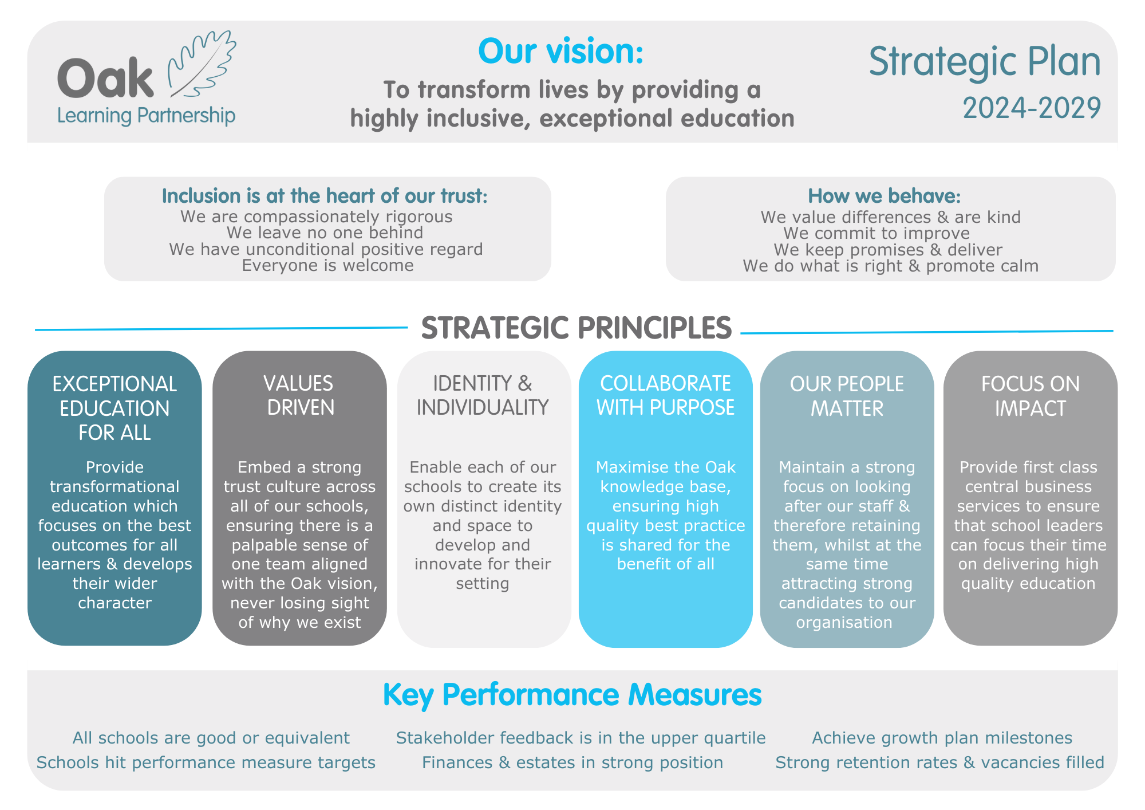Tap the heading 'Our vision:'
[561, 51]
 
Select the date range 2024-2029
[1032, 108]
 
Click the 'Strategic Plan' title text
[985, 62]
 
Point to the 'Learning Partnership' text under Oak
[146, 116]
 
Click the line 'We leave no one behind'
[325, 233]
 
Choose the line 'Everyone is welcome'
[327, 265]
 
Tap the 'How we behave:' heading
[884, 196]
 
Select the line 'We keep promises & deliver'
[888, 250]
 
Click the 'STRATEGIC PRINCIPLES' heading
[577, 328]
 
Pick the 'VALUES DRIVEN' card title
[299, 395]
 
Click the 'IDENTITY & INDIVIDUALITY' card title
[483, 395]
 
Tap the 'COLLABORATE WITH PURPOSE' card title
[665, 395]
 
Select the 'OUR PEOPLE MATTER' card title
[847, 396]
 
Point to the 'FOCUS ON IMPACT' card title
[1030, 396]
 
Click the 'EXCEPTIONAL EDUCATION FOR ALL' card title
[114, 408]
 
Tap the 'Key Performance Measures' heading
[572, 695]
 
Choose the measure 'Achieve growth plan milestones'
[942, 738]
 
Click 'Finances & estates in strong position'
[572, 762]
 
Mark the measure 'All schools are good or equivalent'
[211, 738]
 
